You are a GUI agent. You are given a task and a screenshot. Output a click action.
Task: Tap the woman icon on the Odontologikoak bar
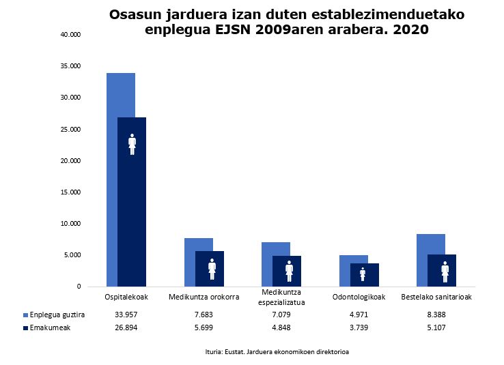tap(363, 274)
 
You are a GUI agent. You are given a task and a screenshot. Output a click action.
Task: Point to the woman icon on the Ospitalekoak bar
tap(132, 144)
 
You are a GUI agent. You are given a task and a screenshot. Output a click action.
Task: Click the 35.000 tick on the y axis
tap(70, 66)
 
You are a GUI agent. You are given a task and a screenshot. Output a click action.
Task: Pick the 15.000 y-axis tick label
tap(70, 192)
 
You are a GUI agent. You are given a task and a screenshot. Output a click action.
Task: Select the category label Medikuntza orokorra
tap(204, 297)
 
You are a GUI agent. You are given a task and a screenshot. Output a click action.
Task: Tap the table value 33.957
tap(126, 315)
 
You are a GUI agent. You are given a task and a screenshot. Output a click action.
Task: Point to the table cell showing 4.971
tap(359, 315)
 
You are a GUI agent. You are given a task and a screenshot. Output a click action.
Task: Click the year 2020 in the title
tap(410, 30)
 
